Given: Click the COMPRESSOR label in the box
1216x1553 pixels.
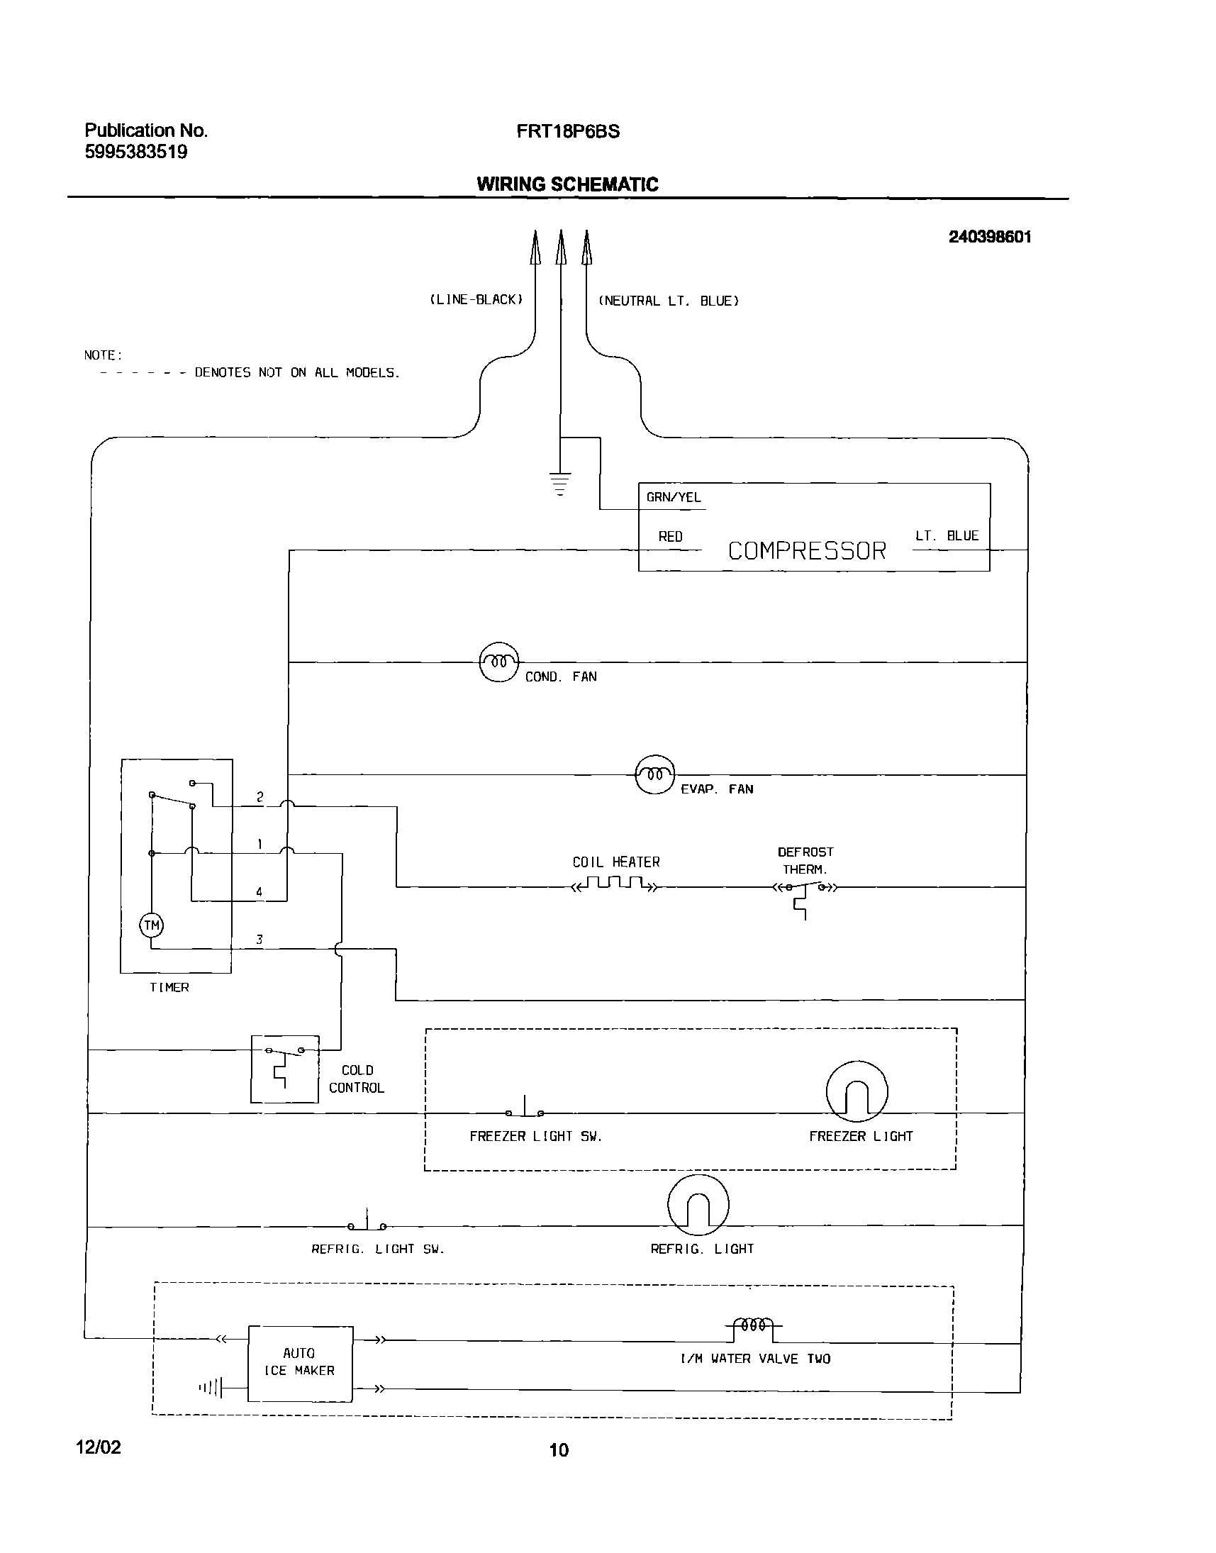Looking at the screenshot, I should pyautogui.click(x=807, y=550).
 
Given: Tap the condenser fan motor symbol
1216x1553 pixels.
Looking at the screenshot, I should pyautogui.click(x=498, y=662).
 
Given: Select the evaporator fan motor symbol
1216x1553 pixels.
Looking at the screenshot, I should pyautogui.click(x=654, y=774).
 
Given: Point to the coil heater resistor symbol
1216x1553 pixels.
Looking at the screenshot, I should pyautogui.click(x=616, y=885).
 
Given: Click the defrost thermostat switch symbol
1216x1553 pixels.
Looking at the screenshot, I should pyautogui.click(x=805, y=890).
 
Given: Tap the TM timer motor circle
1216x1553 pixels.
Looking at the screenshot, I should pyautogui.click(x=152, y=925).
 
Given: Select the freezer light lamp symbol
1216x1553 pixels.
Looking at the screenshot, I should pyautogui.click(x=857, y=1091).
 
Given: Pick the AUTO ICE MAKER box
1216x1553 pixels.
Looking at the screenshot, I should pyautogui.click(x=300, y=1364).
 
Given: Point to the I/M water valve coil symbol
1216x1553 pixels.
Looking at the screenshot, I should pyautogui.click(x=753, y=1326).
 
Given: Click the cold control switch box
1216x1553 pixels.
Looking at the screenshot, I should pyautogui.click(x=284, y=1069).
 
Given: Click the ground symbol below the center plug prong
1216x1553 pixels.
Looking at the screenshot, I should pyautogui.click(x=560, y=483).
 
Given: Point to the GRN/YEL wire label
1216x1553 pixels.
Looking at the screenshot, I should pyautogui.click(x=673, y=497).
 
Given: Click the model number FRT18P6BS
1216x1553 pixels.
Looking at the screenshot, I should pyautogui.click(x=567, y=132).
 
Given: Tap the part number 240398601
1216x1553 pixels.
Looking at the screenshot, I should pyautogui.click(x=989, y=237).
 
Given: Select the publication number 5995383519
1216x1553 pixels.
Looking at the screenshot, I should pyautogui.click(x=136, y=152).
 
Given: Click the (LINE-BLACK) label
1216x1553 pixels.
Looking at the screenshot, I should pyautogui.click(x=476, y=300).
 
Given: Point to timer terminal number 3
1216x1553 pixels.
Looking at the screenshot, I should pyautogui.click(x=259, y=939).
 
